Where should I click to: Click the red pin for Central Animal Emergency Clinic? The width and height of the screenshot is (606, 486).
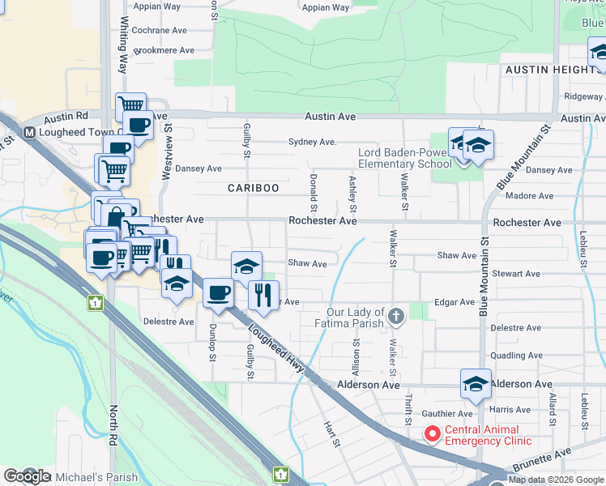point(433,434)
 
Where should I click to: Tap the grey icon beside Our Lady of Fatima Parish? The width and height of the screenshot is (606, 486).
point(396,315)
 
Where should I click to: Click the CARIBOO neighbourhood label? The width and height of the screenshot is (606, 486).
point(253,188)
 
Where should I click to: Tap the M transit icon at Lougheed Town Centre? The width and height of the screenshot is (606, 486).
point(28,133)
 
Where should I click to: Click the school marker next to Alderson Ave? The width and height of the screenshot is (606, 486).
point(476,384)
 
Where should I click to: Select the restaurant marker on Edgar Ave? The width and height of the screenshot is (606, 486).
point(262,296)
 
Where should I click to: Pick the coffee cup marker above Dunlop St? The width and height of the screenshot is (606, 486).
point(217,293)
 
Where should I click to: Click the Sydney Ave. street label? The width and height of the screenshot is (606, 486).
point(312,142)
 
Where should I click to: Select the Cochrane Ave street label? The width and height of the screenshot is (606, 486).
point(159,30)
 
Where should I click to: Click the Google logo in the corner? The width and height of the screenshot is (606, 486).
point(27,476)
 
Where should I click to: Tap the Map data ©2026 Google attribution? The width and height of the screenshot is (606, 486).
point(556,480)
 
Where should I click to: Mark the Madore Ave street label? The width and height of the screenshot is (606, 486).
point(529,196)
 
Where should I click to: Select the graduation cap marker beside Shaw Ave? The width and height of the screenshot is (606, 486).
point(246,266)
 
